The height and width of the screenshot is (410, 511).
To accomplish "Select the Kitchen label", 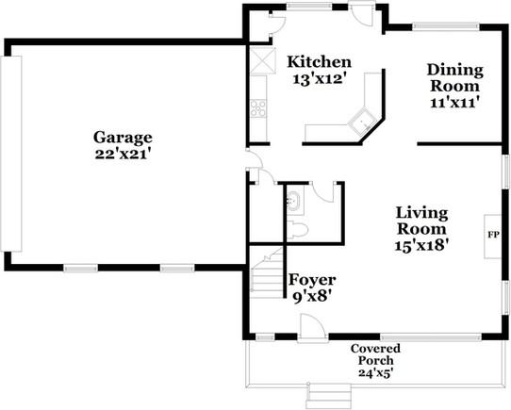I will (320, 62).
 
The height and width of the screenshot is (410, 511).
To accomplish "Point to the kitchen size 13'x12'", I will (321, 79).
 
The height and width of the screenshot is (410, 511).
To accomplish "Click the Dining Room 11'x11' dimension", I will (455, 102).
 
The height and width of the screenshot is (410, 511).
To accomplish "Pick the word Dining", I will (455, 70).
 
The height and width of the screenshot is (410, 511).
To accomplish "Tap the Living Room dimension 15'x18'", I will (421, 244).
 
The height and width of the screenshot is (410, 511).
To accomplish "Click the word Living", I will (421, 212).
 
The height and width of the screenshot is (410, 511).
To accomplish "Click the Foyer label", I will (312, 279).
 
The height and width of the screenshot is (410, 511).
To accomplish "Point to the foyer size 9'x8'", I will (311, 295).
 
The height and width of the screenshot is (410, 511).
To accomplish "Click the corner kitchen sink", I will (360, 120).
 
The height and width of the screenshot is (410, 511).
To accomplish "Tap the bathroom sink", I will (292, 200).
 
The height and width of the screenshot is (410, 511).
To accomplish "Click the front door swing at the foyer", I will (312, 327).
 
